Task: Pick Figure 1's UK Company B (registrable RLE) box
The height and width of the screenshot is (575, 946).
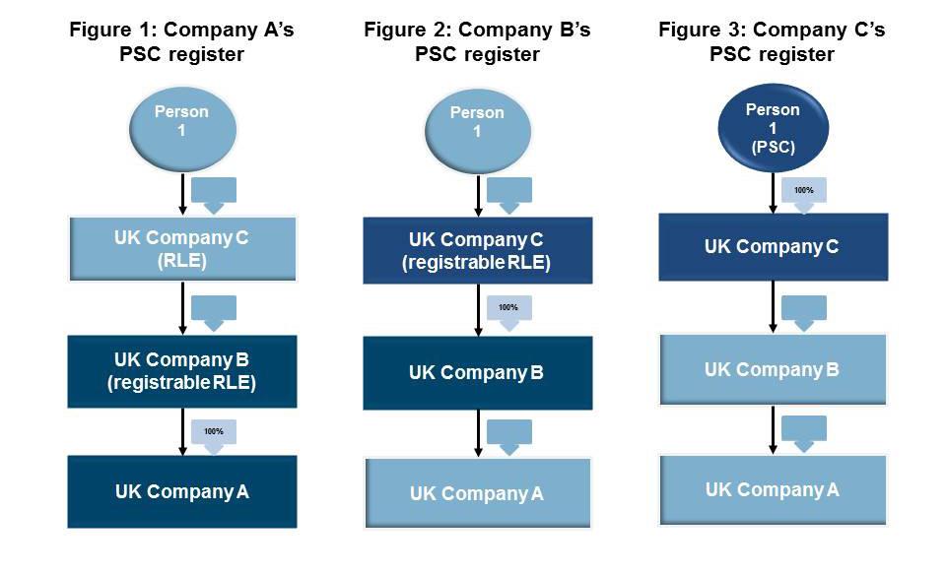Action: click(181, 371)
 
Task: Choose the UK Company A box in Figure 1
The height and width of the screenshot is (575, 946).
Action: click(181, 491)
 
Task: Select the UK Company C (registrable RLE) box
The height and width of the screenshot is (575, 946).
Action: click(477, 251)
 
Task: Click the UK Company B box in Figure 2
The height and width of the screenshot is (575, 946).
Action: click(477, 373)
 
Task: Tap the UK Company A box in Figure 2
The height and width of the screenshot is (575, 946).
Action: click(477, 493)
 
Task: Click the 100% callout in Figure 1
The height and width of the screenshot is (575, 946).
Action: click(214, 434)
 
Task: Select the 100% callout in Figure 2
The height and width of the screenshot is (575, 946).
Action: click(508, 311)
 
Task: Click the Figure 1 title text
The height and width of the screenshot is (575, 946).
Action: click(181, 41)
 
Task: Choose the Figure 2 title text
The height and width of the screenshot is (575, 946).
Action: click(477, 41)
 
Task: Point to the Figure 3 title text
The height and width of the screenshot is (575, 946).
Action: click(772, 41)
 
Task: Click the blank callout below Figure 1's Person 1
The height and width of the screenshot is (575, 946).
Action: click(214, 193)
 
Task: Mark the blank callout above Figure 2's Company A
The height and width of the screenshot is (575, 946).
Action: click(508, 435)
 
